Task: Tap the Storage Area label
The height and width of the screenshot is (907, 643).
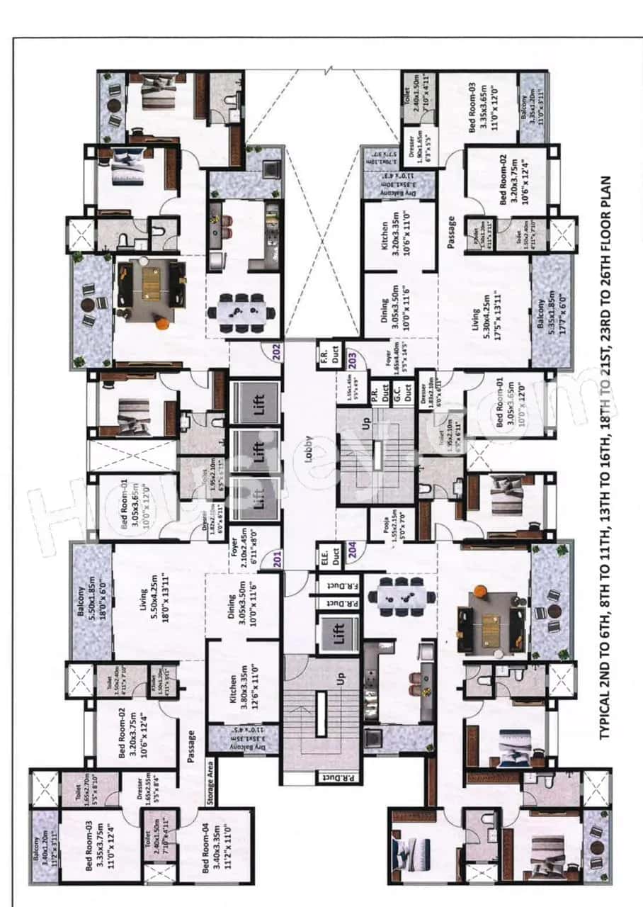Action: pyautogui.click(x=210, y=785)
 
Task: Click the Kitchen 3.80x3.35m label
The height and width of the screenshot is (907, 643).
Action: pyautogui.click(x=239, y=683)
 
